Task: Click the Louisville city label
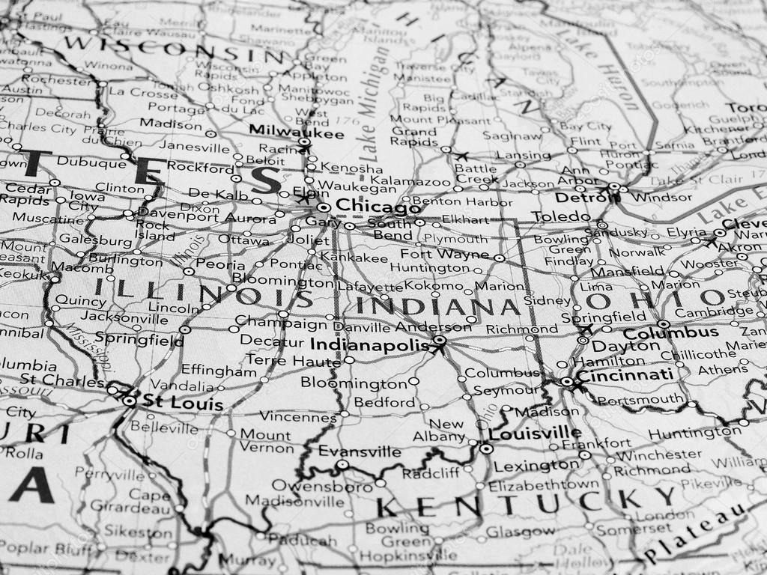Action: (x=534, y=433)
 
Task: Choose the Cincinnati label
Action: (x=624, y=375)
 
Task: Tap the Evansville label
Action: (x=360, y=451)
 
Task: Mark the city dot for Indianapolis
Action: (x=440, y=341)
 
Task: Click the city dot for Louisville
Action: (x=486, y=449)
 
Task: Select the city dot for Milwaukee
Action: (x=304, y=142)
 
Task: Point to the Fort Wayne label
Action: (x=454, y=254)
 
